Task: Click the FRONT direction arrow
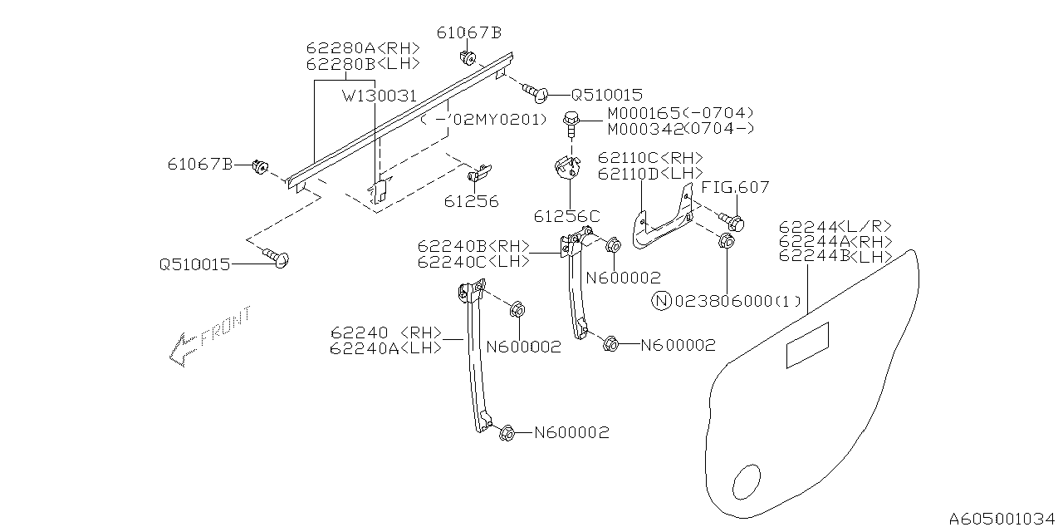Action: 208,337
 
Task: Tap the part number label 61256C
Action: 566,216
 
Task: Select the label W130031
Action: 380,96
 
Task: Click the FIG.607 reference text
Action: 736,187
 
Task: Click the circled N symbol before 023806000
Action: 662,300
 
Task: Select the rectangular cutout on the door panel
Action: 807,344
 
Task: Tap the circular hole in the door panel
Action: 747,482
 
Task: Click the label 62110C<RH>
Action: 650,158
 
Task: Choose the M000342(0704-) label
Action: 681,128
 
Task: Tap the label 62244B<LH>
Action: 835,257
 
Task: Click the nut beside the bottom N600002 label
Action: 507,433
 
